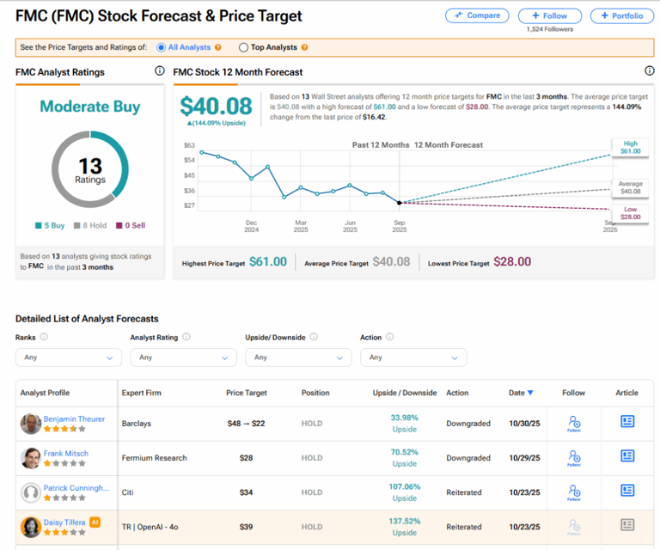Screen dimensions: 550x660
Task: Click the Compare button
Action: (x=476, y=15)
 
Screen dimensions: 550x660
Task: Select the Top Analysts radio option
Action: (x=244, y=47)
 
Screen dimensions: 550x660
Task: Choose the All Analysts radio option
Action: (x=162, y=47)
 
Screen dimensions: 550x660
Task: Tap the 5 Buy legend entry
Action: (x=50, y=225)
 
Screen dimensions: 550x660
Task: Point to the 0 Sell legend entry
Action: (x=131, y=225)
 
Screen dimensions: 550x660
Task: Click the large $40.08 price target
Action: (x=216, y=106)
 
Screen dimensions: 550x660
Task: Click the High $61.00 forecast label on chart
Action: (x=630, y=147)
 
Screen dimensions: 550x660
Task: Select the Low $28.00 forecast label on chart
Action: (x=630, y=212)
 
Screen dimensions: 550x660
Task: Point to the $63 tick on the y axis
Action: (x=190, y=145)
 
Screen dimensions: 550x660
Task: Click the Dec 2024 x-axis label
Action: (x=251, y=226)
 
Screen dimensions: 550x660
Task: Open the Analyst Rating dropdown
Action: (x=183, y=357)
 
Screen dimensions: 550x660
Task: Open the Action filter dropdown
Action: (x=412, y=357)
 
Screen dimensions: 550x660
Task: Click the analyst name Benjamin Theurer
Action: (x=74, y=419)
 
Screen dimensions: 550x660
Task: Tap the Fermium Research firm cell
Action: (x=155, y=458)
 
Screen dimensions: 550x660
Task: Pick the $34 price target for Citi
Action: (x=247, y=492)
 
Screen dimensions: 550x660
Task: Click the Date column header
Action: (x=520, y=393)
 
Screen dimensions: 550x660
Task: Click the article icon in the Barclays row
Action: (x=627, y=422)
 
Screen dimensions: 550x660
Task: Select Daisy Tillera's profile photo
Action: (x=31, y=527)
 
